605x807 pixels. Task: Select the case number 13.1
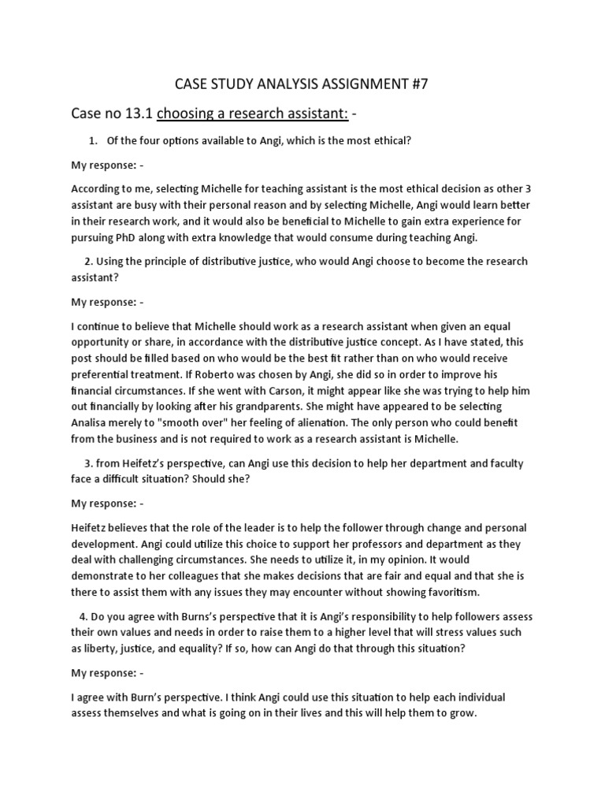138,114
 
